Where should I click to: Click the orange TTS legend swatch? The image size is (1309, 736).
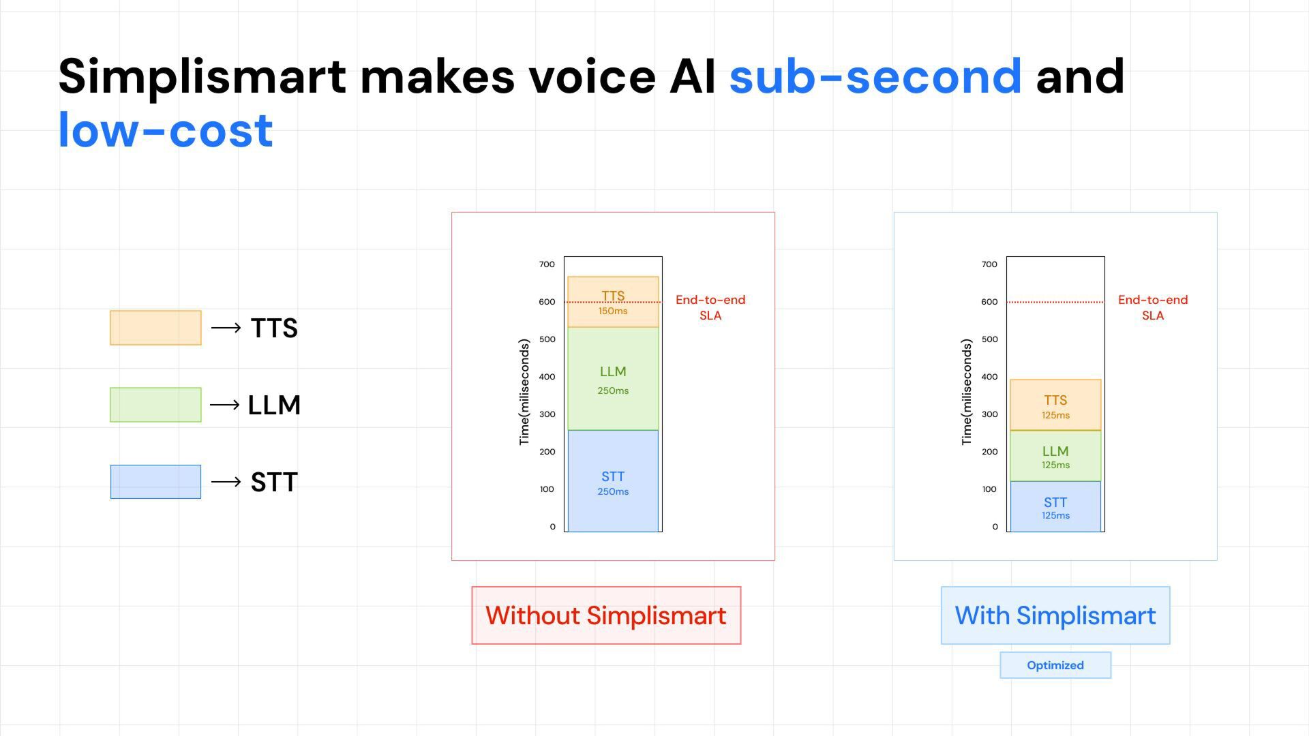point(155,328)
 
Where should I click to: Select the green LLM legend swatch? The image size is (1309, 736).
point(155,405)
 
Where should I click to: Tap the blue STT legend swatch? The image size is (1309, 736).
point(155,482)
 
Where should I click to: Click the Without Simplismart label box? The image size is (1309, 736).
point(606,615)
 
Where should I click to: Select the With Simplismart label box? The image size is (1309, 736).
point(1055,615)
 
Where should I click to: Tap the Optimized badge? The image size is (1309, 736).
point(1055,665)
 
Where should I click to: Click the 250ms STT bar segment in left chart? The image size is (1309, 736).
point(613,481)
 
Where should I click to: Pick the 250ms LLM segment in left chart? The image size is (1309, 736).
point(613,379)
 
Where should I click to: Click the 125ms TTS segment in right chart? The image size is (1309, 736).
point(1055,405)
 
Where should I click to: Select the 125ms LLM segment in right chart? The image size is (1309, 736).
point(1055,456)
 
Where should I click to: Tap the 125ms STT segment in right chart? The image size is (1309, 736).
point(1055,507)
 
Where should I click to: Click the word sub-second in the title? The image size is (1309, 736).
point(875,76)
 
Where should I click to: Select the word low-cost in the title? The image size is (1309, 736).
point(166,129)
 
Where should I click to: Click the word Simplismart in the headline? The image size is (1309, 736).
point(202,76)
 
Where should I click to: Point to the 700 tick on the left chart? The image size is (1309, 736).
point(547,264)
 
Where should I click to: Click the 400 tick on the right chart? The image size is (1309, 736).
point(989,377)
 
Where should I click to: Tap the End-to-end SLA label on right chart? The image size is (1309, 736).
point(1153,307)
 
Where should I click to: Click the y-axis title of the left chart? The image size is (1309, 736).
point(524,393)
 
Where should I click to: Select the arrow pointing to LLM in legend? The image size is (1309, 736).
point(225,405)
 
